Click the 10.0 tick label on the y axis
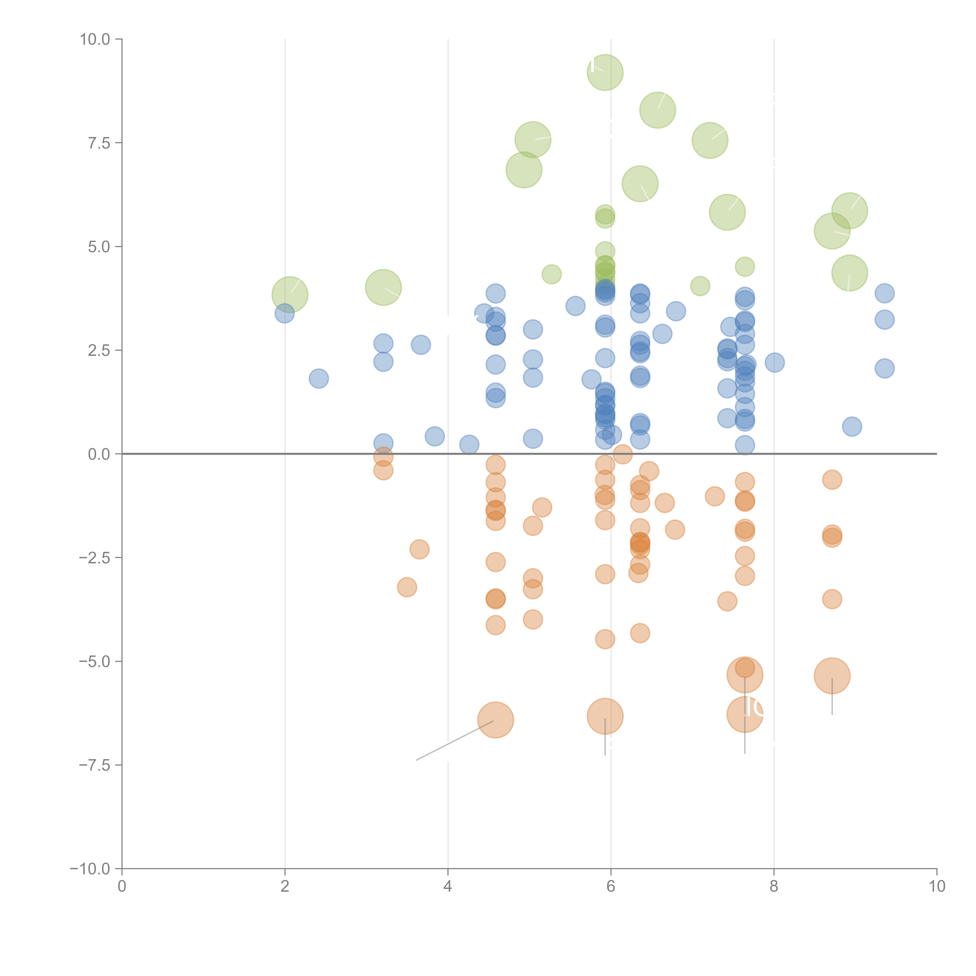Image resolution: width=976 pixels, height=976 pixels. [x=95, y=39]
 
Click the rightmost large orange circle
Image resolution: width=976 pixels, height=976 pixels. [x=832, y=676]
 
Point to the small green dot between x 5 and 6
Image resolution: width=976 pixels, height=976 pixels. [x=551, y=274]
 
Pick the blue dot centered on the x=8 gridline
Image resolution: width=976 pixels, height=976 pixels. [x=774, y=362]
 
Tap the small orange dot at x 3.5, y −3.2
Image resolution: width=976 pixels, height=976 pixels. [x=407, y=587]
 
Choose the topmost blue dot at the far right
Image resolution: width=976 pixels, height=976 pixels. [x=884, y=293]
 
